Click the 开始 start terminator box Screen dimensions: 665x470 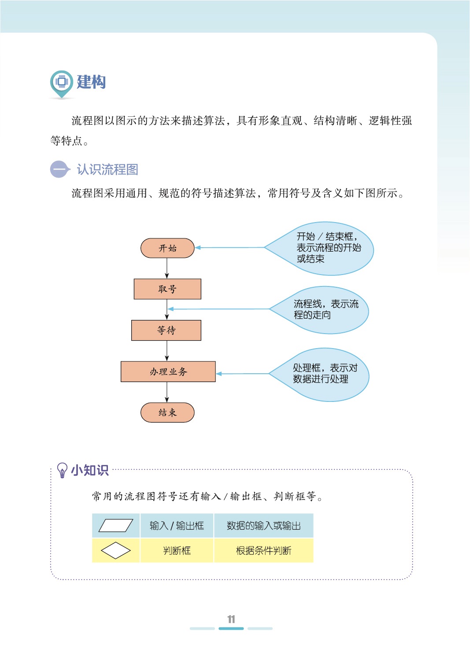coord(167,248)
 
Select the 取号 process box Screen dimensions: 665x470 coord(167,289)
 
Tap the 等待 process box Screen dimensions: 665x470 coord(166,331)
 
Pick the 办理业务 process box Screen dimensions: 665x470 coord(168,372)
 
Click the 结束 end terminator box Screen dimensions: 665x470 coord(167,412)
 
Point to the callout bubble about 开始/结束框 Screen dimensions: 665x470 coord(326,248)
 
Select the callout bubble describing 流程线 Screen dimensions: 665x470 coord(324,309)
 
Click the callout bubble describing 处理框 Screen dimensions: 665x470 coord(324,374)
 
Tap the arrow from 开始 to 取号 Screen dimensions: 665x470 coord(167,268)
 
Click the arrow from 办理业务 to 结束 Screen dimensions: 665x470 coord(167,392)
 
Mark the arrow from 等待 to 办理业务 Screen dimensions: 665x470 coord(167,351)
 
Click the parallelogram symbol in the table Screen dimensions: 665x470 coord(116,525)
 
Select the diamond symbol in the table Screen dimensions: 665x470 coord(116,550)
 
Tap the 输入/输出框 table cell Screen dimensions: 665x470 coord(177,525)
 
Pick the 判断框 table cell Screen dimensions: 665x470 coord(177,550)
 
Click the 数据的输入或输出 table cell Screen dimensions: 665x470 coord(263,525)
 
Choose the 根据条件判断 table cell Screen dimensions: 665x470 coord(263,550)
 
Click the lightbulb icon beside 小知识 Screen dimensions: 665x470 coord(62,470)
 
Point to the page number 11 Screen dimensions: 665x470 coord(231,619)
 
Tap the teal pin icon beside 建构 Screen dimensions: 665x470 coord(61,83)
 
